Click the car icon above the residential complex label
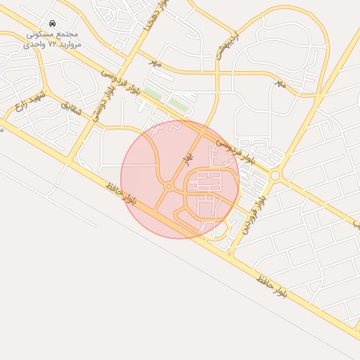point(53,23)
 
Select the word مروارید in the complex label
point(70,44)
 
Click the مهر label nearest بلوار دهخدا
point(155,62)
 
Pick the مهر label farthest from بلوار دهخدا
point(281,84)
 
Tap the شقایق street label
point(70,108)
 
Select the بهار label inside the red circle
point(187,160)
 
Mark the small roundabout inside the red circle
point(169,186)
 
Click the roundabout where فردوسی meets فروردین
point(275,175)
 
